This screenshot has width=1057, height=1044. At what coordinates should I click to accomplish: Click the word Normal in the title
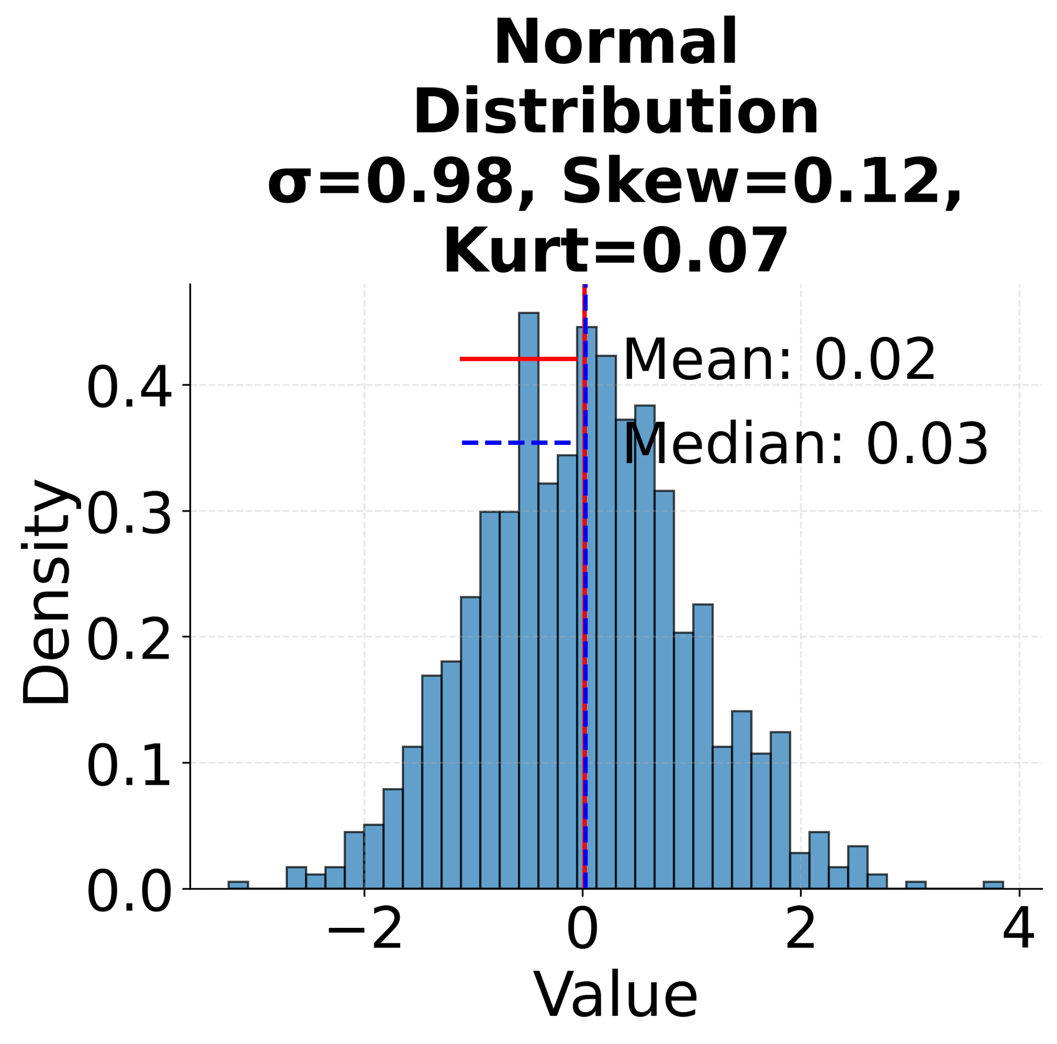(615, 43)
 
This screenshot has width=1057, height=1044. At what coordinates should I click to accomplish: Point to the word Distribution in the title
(615, 112)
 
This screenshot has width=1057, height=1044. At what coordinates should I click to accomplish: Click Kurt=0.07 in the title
(615, 252)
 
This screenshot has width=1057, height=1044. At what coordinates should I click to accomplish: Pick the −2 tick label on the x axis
(364, 946)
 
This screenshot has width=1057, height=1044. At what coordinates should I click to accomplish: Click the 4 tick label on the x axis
(1018, 946)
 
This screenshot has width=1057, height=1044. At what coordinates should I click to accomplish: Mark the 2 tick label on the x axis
(800, 946)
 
